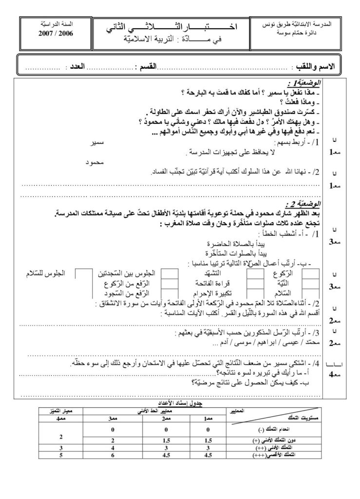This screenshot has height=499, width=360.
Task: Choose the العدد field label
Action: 88,66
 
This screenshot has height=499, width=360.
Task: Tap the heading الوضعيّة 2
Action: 303,204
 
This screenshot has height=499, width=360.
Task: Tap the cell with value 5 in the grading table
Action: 61,455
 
